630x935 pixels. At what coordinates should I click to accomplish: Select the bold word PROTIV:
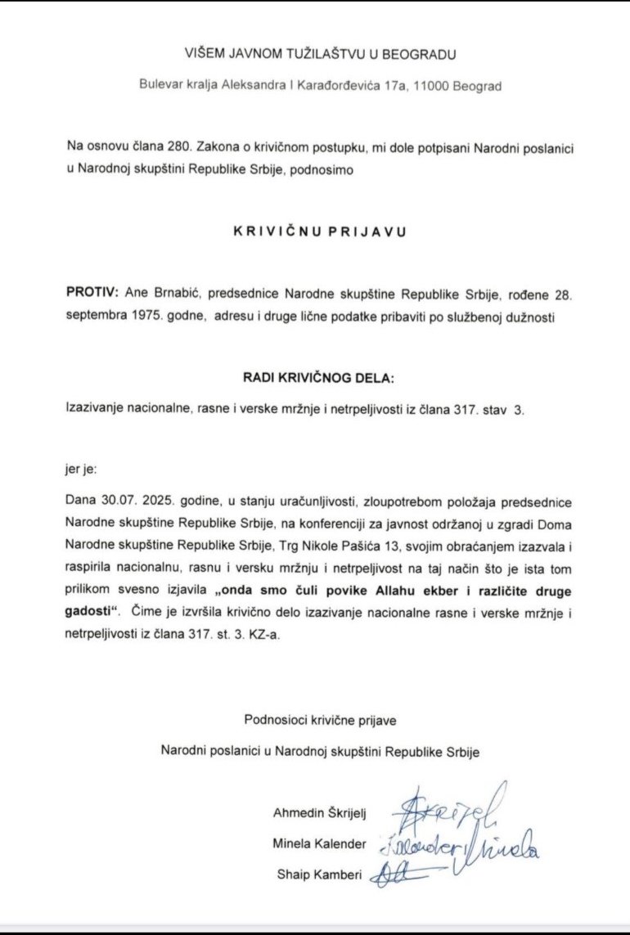coord(92,293)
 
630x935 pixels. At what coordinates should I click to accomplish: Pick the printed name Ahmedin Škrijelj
coord(320,812)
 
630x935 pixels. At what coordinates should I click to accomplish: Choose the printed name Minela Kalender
coord(321,843)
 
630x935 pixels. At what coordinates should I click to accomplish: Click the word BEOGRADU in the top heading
coord(415,55)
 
